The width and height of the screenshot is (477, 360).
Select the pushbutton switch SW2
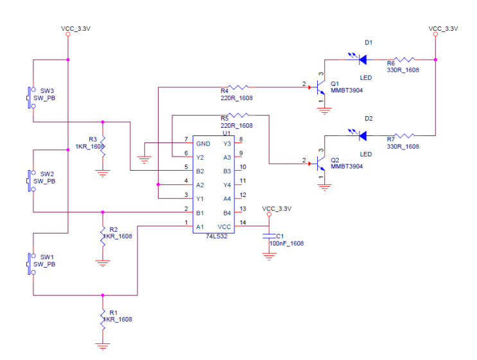pyautogui.click(x=31, y=180)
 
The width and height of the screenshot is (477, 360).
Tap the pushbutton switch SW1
pyautogui.click(x=31, y=264)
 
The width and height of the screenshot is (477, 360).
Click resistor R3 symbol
pyautogui.click(x=102, y=144)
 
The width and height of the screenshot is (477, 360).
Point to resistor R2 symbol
pyautogui.click(x=102, y=236)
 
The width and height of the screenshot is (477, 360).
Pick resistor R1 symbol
pyautogui.click(x=102, y=319)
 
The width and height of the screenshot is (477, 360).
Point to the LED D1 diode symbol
pyautogui.click(x=362, y=60)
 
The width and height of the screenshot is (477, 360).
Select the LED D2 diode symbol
pyautogui.click(x=362, y=135)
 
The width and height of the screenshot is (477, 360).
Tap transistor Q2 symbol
pyautogui.click(x=320, y=164)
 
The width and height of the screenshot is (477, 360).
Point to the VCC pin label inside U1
pyautogui.click(x=224, y=227)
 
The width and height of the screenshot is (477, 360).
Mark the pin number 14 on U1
pyautogui.click(x=243, y=222)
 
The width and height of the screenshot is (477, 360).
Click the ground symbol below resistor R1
pyautogui.click(x=102, y=347)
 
